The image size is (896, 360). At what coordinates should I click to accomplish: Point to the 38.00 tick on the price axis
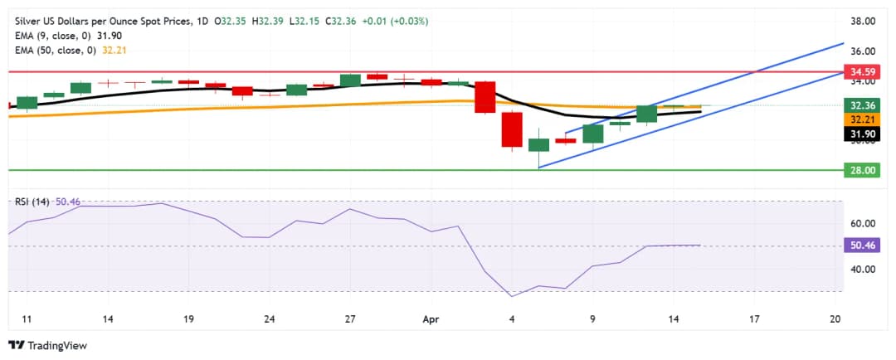865,22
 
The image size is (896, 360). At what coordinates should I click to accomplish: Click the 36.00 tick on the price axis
865,51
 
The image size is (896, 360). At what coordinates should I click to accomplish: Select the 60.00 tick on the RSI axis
865,223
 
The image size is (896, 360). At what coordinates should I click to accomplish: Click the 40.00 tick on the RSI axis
865,269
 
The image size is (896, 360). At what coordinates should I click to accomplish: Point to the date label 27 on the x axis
350,319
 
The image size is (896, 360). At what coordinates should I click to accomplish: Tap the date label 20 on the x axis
835,319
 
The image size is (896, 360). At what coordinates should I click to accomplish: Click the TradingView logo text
57,345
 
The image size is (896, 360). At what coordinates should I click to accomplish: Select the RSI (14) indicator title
31,202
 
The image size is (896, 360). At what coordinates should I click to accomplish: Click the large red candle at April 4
512,130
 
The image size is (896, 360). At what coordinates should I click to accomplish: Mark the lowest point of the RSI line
512,296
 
